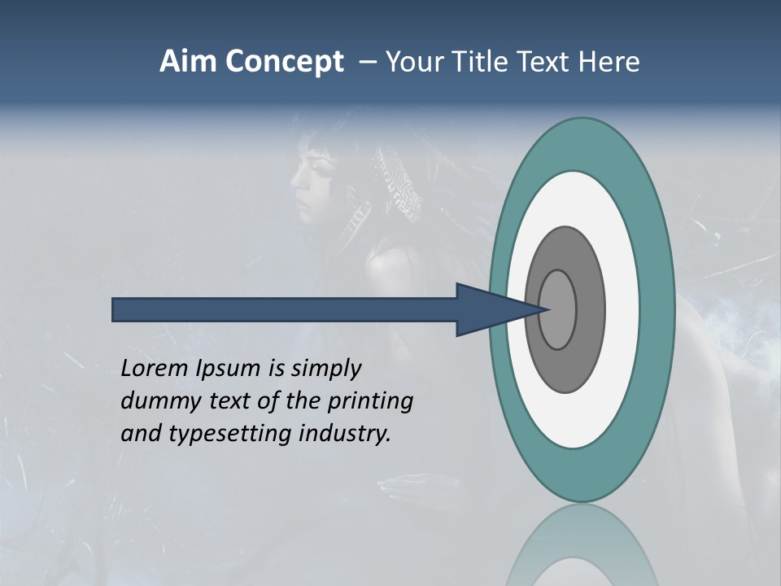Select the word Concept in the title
(x=285, y=62)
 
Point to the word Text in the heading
(x=547, y=62)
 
